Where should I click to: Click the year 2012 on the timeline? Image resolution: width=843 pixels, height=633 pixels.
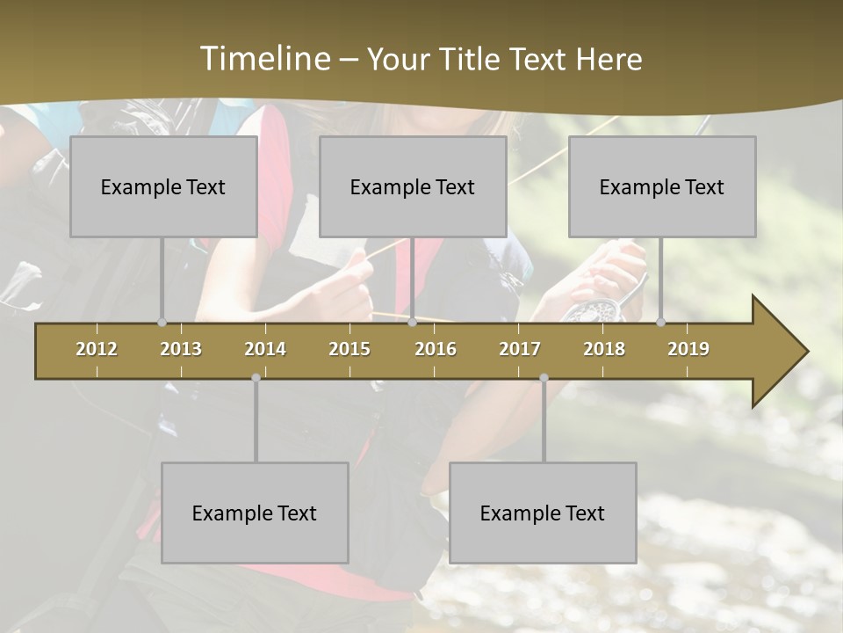[97, 349]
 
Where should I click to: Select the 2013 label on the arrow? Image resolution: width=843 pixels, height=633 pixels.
[181, 349]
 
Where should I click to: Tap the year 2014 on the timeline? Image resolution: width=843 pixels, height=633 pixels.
[265, 349]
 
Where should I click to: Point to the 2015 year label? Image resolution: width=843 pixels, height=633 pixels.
[349, 349]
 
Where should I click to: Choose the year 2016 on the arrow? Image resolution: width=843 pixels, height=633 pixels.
[436, 349]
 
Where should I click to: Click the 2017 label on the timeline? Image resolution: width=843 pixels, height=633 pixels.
[520, 349]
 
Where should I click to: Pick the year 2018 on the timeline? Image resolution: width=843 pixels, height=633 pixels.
[604, 349]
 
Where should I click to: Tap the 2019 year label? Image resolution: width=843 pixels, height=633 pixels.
[688, 349]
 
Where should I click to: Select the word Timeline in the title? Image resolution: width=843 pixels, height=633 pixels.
[264, 59]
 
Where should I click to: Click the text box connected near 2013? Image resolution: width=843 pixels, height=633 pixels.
[163, 186]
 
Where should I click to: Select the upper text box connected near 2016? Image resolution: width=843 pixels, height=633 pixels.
[413, 186]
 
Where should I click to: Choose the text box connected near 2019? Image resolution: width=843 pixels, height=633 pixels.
[662, 186]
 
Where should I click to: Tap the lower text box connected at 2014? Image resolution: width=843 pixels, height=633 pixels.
[255, 513]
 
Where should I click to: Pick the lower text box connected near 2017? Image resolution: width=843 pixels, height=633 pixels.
[543, 513]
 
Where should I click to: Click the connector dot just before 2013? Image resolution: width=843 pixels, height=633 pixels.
[162, 322]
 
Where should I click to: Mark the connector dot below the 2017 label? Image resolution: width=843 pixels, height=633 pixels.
[544, 378]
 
